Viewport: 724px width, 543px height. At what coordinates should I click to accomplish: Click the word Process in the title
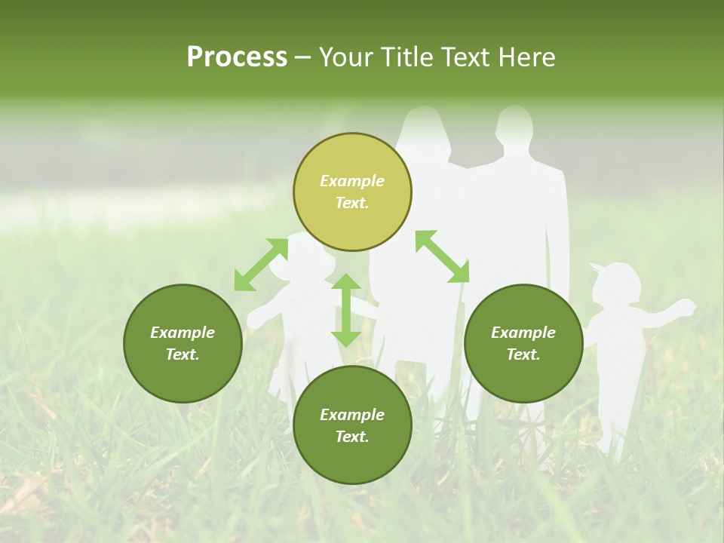237,57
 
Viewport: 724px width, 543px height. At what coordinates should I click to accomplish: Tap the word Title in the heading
406,57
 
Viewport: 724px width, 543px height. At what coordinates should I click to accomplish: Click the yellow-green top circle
352,192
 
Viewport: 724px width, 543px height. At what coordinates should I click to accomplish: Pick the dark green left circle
183,343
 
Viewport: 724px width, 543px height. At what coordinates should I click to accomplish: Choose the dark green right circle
523,343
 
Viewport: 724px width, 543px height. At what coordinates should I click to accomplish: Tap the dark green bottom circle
352,425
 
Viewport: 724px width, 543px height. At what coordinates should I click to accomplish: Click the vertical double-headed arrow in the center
346,310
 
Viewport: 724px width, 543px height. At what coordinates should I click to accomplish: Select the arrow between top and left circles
261,265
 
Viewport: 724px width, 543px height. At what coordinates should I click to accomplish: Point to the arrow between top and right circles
442,256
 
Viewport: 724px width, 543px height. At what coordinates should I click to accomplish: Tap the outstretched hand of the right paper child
685,306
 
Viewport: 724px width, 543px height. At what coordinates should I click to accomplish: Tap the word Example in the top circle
352,181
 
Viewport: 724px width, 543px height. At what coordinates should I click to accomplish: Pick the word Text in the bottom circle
352,437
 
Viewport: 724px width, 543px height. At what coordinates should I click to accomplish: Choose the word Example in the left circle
183,333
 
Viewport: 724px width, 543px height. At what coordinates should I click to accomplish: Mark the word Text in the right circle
523,354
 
